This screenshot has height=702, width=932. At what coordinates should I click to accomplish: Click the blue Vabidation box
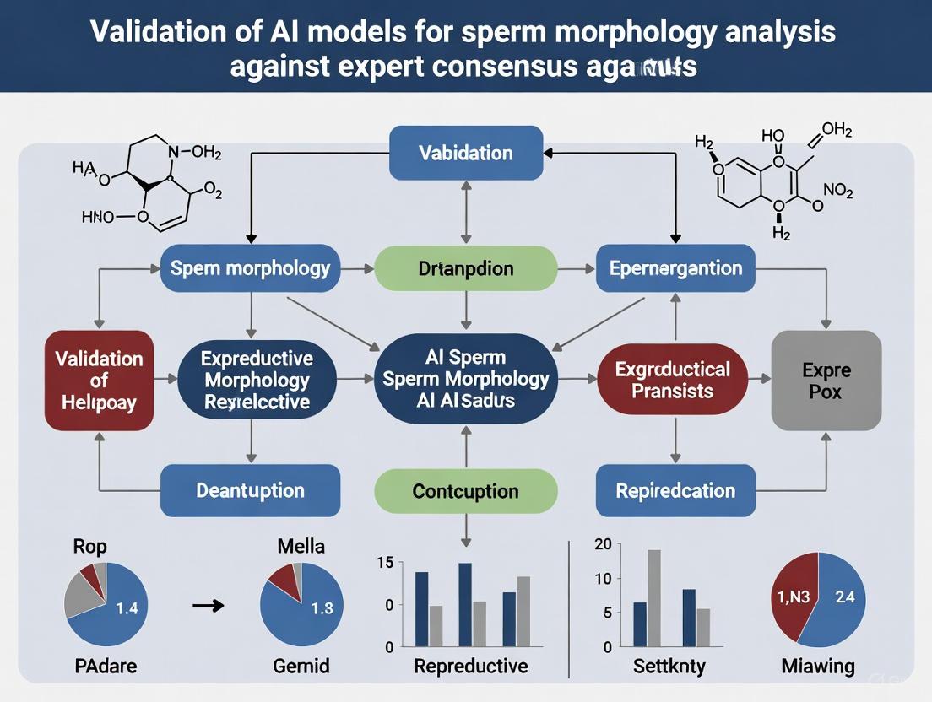pyautogui.click(x=466, y=153)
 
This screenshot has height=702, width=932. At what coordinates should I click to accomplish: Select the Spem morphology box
pyautogui.click(x=250, y=268)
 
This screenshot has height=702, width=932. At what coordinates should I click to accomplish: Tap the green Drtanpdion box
pyautogui.click(x=466, y=268)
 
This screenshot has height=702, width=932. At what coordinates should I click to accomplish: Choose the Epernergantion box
pyautogui.click(x=675, y=268)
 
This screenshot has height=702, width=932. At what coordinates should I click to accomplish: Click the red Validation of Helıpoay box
pyautogui.click(x=99, y=381)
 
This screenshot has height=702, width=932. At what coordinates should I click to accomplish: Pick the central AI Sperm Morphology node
pyautogui.click(x=466, y=379)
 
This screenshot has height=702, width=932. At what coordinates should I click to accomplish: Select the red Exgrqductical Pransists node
pyautogui.click(x=673, y=380)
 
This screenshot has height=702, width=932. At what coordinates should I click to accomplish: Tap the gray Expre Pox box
pyautogui.click(x=826, y=381)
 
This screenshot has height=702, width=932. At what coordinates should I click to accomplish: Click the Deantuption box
pyautogui.click(x=250, y=490)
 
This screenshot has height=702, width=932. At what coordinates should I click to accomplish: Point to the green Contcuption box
pyautogui.click(x=466, y=490)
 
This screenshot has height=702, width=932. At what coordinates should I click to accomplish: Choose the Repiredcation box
pyautogui.click(x=675, y=490)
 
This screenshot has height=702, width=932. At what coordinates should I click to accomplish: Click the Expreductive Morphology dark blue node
pyautogui.click(x=257, y=381)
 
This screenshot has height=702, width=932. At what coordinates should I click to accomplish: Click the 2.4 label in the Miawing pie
pyautogui.click(x=845, y=597)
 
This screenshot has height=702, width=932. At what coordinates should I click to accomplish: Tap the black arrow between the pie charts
pyautogui.click(x=208, y=605)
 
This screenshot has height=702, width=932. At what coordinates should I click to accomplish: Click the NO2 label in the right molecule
pyautogui.click(x=837, y=192)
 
